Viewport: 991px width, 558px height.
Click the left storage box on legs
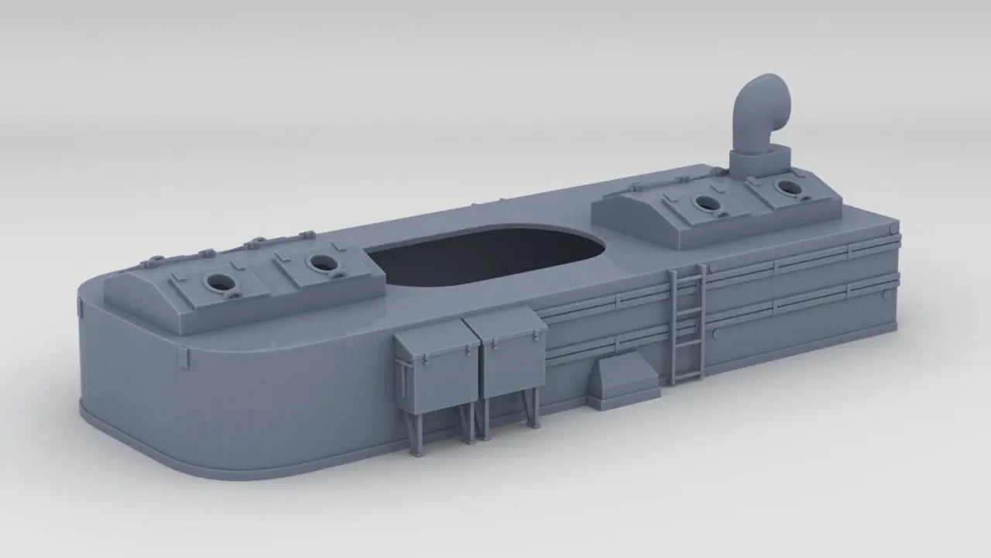click(436, 360)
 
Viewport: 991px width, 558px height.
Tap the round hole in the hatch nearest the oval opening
click(320, 263)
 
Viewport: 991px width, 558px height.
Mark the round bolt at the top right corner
click(894, 229)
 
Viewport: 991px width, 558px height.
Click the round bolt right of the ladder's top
click(714, 268)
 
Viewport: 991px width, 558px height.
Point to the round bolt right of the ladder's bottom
click(715, 333)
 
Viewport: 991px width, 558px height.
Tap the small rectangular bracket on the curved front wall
click(183, 357)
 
